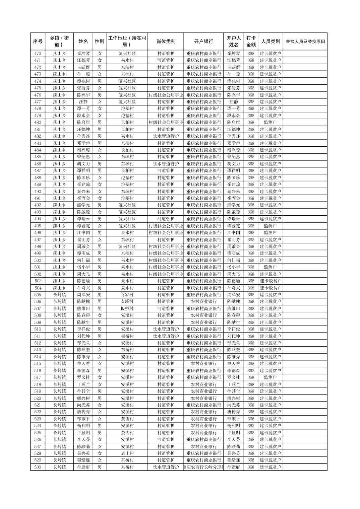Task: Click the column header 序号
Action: pyautogui.click(x=38, y=42)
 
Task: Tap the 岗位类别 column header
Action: pyautogui.click(x=166, y=42)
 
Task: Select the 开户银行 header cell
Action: pyautogui.click(x=203, y=42)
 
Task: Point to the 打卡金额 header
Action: pyautogui.click(x=251, y=42)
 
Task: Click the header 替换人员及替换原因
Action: pyautogui.click(x=305, y=42)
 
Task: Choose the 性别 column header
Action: pyautogui.click(x=100, y=42)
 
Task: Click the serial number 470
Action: pyautogui.click(x=38, y=54)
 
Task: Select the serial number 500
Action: pyautogui.click(x=38, y=260)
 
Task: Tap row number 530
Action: pyautogui.click(x=38, y=467)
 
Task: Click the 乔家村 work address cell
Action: pyautogui.click(x=127, y=295)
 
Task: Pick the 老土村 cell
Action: pyautogui.click(x=127, y=453)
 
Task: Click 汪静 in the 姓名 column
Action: pyautogui.click(x=83, y=102)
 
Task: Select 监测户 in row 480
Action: pyautogui.click(x=270, y=122)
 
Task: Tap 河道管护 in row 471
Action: pyautogui.click(x=166, y=60)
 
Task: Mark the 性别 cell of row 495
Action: pyautogui.click(x=100, y=226)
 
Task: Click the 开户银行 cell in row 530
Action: pyautogui.click(x=203, y=467)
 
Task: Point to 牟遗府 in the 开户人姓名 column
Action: pyautogui.click(x=233, y=467)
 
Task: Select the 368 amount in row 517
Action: pyautogui.click(x=251, y=377)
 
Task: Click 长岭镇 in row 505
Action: pyautogui.click(x=59, y=295)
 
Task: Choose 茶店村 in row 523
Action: pyautogui.click(x=127, y=419)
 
